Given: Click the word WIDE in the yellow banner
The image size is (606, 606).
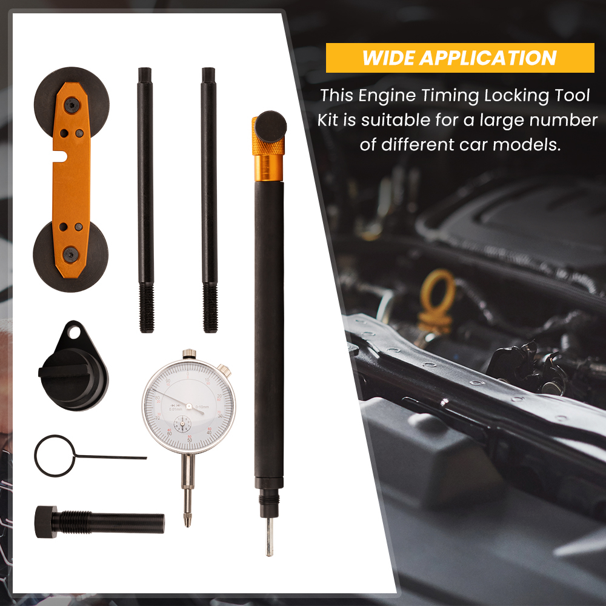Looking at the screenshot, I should click(388, 58).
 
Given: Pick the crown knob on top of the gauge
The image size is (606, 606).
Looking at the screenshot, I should click(190, 353).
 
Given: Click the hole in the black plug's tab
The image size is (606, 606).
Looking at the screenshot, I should click(74, 333).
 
